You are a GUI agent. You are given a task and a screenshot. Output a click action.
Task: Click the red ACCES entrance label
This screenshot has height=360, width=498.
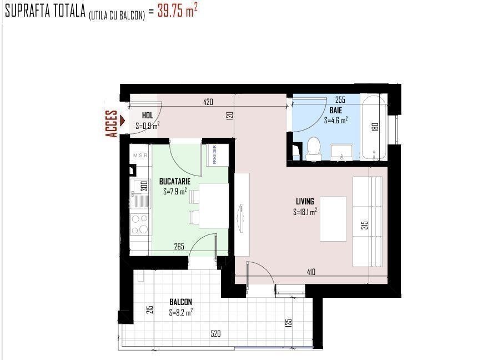111,123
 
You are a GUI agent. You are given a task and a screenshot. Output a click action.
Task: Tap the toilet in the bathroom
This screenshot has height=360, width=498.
314,149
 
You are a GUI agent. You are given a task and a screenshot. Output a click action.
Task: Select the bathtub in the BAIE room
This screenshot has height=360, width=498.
374,128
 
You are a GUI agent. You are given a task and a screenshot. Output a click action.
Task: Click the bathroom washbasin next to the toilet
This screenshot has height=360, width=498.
341,153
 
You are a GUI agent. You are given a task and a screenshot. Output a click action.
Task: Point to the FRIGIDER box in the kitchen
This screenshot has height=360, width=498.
218,155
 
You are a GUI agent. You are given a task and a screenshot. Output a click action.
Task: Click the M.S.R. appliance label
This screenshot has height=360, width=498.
140,156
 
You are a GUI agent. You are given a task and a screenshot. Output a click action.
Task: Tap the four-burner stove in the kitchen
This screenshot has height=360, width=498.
140,224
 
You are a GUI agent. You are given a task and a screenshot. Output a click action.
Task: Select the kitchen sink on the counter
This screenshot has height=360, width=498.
140,194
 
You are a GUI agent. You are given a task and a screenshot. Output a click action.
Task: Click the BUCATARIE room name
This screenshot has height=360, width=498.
175,182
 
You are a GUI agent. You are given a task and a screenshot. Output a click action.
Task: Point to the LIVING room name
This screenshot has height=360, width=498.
305,201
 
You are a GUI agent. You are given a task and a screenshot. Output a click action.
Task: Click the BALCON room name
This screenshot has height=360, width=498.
180,302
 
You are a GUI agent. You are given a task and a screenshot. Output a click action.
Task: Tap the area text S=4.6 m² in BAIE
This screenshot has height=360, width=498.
336,120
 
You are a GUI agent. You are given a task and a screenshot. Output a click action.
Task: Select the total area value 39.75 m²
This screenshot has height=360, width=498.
177,11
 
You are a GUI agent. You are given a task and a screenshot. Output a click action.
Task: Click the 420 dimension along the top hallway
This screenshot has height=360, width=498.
208,102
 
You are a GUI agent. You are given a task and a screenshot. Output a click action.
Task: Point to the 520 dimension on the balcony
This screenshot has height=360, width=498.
215,333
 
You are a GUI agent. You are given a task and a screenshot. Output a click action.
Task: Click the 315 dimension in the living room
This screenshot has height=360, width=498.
365,226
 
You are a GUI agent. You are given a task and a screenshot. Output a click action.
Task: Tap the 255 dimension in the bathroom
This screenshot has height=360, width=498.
340,99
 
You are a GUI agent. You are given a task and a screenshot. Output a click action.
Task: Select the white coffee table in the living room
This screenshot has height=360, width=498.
333,219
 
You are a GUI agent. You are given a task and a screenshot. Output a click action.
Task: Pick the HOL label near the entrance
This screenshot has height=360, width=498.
147,116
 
